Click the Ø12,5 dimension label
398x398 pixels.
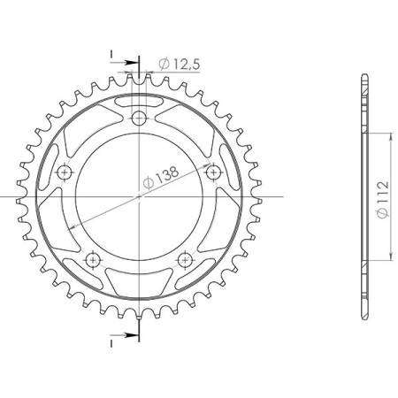pyautogui.click(x=180, y=64)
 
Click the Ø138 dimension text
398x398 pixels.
pyautogui.click(x=161, y=177)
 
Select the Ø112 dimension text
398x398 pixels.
pyautogui.click(x=383, y=199)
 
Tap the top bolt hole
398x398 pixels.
pyautogui.click(x=139, y=119)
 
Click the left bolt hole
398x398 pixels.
pyautogui.click(x=65, y=172)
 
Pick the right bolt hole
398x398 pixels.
pyautogui.click(x=213, y=172)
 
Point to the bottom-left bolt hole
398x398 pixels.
pyautogui.click(x=93, y=260)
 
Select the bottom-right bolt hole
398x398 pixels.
pyautogui.click(x=185, y=260)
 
